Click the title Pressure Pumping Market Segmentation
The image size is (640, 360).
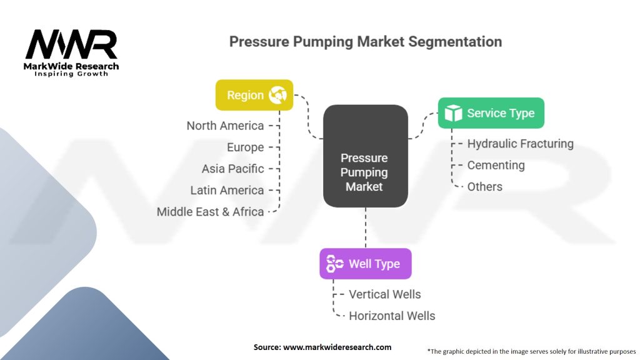click(365, 42)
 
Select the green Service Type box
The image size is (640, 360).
click(491, 113)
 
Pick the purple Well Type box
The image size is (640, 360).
click(365, 264)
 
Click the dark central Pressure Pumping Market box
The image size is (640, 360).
click(365, 156)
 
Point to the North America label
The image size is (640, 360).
click(225, 126)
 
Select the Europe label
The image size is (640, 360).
click(245, 147)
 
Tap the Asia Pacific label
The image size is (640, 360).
click(232, 169)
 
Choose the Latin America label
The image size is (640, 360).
click(227, 190)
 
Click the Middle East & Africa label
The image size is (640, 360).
click(210, 212)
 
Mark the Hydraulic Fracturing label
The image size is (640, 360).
click(520, 144)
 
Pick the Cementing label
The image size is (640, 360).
click(496, 165)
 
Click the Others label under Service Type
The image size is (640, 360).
click(484, 186)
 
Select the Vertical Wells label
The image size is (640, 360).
click(384, 294)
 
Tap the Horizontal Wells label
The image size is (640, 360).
click(392, 316)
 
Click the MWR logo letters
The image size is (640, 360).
click(71, 45)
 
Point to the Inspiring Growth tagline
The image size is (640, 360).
click(71, 74)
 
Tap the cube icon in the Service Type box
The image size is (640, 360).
click(453, 113)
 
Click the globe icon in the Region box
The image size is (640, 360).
click(277, 96)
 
